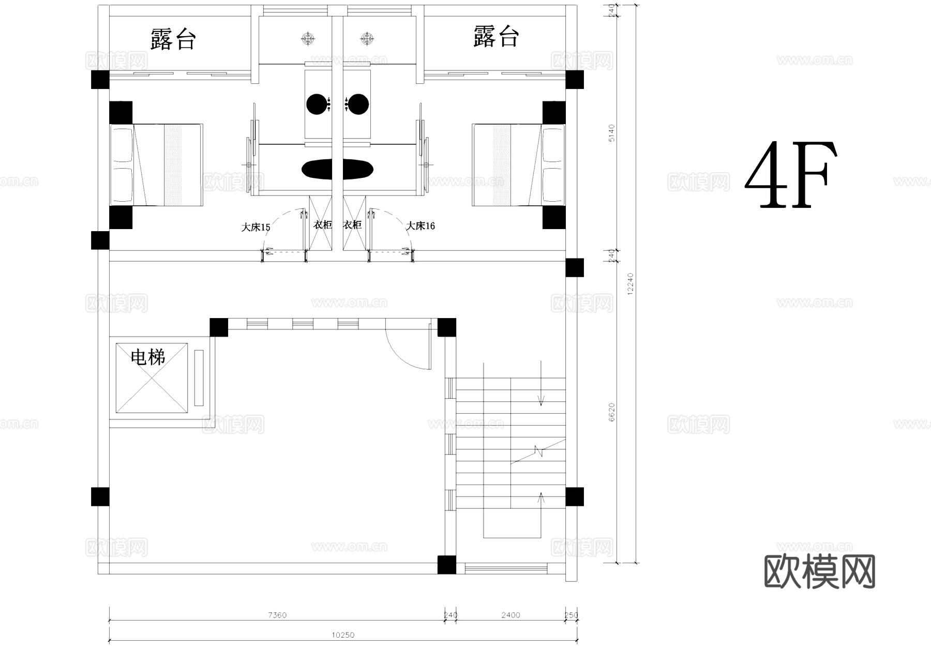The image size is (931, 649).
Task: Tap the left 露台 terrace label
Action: point(173,39)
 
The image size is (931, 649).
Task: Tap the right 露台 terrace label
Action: point(495,37)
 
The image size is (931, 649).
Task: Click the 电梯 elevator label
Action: point(147,357)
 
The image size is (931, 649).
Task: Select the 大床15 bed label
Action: point(256,227)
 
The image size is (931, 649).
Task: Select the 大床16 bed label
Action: point(420,226)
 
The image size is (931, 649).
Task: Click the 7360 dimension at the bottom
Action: point(277,615)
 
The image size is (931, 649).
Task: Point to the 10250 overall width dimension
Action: point(343,635)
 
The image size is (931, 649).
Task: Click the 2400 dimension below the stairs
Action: point(510,615)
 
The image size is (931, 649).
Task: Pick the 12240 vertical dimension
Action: point(630,284)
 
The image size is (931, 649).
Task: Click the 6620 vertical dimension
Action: point(612,412)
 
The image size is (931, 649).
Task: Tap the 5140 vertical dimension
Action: point(612,133)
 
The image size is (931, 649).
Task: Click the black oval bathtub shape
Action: point(337,169)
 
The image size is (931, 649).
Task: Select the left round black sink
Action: point(317,104)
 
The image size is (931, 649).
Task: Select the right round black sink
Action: point(358,104)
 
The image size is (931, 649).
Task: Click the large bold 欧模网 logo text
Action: point(819,572)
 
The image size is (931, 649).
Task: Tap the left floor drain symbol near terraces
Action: point(308,38)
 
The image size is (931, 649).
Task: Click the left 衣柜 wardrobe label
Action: point(322,225)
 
